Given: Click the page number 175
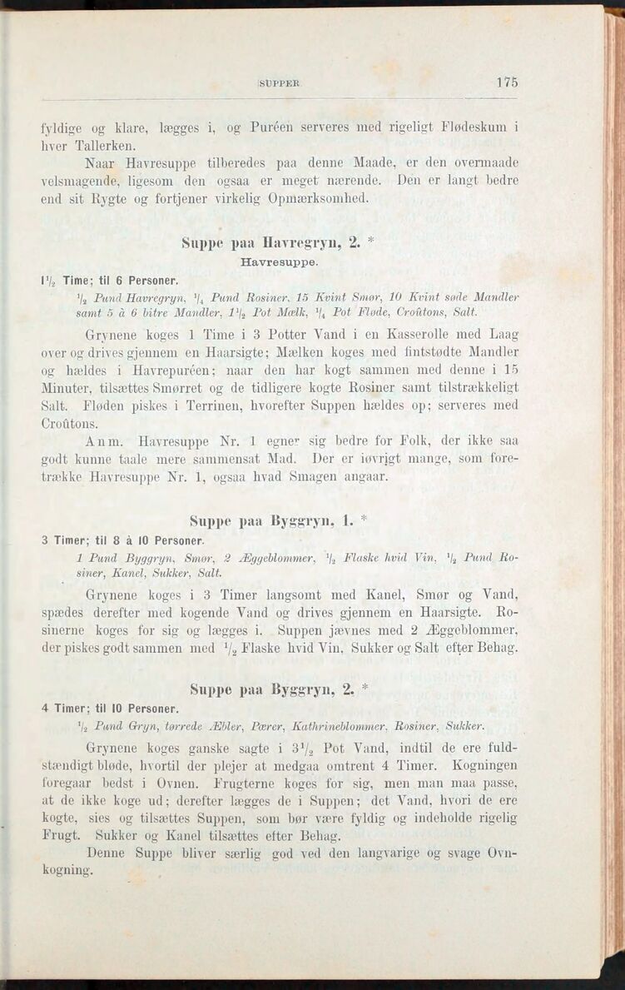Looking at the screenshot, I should (506, 82).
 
